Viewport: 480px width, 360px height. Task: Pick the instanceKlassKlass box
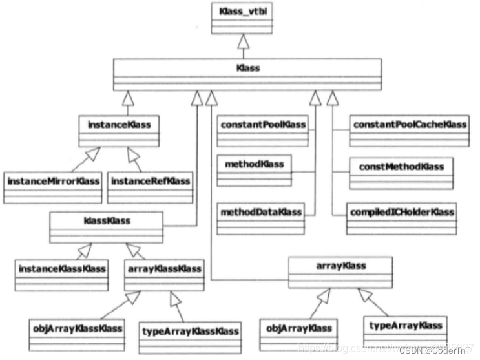click(x=62, y=273)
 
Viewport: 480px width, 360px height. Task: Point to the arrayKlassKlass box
click(x=163, y=273)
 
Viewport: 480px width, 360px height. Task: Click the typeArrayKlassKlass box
click(x=191, y=336)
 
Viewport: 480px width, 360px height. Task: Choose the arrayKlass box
click(x=340, y=271)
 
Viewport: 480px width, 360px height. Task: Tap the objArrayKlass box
click(x=298, y=335)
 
